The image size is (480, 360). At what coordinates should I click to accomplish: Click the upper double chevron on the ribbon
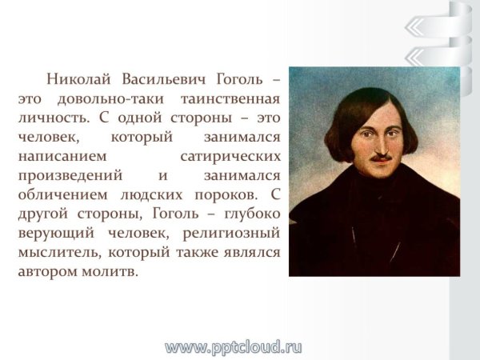click(418, 27)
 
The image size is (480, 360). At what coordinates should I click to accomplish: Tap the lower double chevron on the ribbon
click(418, 57)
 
